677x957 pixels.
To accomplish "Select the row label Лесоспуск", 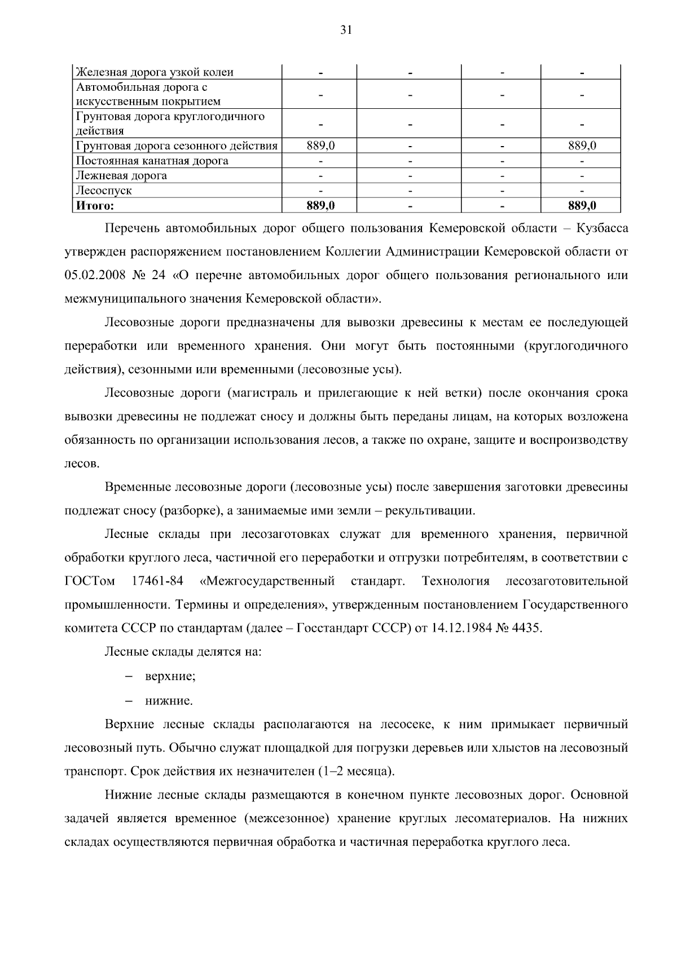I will click(104, 191).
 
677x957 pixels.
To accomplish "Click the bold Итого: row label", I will click(95, 206).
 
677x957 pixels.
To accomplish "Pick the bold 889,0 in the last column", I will click(582, 206).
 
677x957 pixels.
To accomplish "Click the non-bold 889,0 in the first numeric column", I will click(320, 146).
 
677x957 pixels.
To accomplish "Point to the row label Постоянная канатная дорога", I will click(152, 161).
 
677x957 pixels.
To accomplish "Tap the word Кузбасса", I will click(603, 228).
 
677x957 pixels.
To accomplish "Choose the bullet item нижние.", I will click(169, 702).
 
